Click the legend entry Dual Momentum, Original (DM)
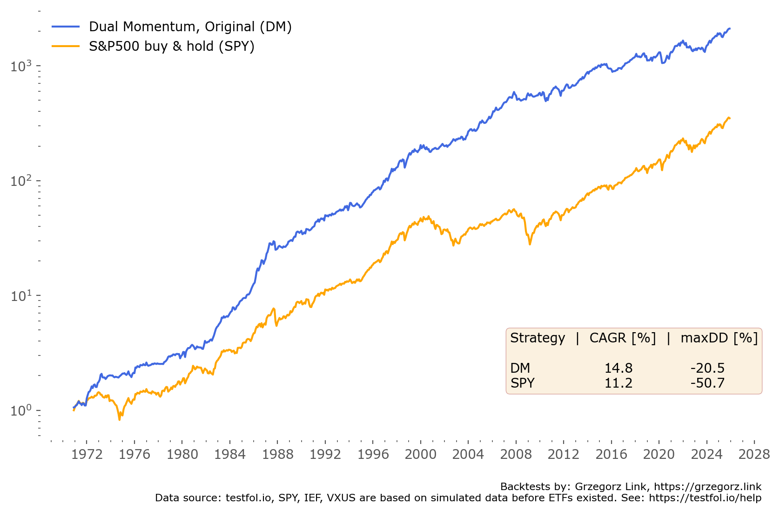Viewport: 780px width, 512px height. [x=190, y=27]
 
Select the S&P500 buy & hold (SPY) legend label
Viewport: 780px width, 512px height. [x=171, y=47]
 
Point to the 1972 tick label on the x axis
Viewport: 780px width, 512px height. [x=87, y=454]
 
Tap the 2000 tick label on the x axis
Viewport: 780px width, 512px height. [x=420, y=454]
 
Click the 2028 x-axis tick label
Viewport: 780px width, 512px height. [x=754, y=454]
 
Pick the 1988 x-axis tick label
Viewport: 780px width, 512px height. [x=277, y=454]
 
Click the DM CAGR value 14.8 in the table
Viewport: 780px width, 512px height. [x=618, y=368]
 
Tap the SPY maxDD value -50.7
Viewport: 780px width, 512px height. [x=707, y=383]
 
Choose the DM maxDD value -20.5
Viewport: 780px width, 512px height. [x=707, y=368]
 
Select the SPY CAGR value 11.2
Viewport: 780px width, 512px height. [x=618, y=383]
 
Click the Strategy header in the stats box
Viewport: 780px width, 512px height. [x=538, y=338]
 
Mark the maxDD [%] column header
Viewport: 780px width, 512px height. [x=719, y=338]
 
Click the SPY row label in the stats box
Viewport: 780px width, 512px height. [x=522, y=383]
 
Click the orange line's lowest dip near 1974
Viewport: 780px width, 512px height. [x=120, y=419]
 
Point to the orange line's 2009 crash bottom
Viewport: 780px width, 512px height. [x=530, y=244]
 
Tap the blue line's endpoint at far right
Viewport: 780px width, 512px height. [x=730, y=29]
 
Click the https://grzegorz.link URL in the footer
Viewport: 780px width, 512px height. [x=707, y=487]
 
